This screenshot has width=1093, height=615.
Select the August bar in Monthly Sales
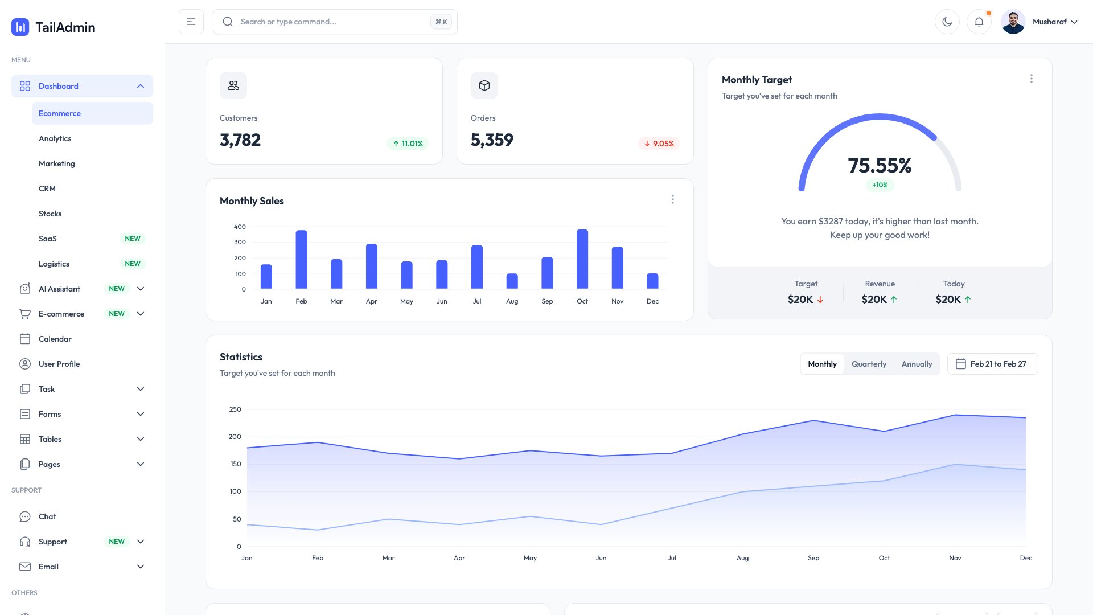click(512, 281)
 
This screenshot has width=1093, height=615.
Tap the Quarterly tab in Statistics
click(869, 364)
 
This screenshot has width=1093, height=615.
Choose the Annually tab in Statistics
click(917, 364)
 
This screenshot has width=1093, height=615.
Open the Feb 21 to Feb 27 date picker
click(992, 364)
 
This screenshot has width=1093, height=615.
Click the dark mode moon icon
click(947, 22)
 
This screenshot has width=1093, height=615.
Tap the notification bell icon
click(979, 22)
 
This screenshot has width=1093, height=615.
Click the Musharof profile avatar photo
click(1013, 22)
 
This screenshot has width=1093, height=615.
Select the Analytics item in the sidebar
click(55, 138)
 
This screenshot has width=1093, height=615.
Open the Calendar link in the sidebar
click(55, 339)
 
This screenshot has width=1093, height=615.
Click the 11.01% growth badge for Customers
click(408, 143)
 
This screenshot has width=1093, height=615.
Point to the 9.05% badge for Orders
click(659, 143)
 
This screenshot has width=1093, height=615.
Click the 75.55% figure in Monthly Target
click(880, 165)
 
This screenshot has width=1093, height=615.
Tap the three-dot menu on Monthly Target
click(1031, 79)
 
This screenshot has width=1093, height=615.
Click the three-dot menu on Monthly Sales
click(672, 199)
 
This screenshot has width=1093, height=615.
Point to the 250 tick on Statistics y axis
click(235, 409)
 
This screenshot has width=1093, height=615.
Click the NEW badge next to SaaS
click(133, 239)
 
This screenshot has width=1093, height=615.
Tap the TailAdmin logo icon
click(20, 27)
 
